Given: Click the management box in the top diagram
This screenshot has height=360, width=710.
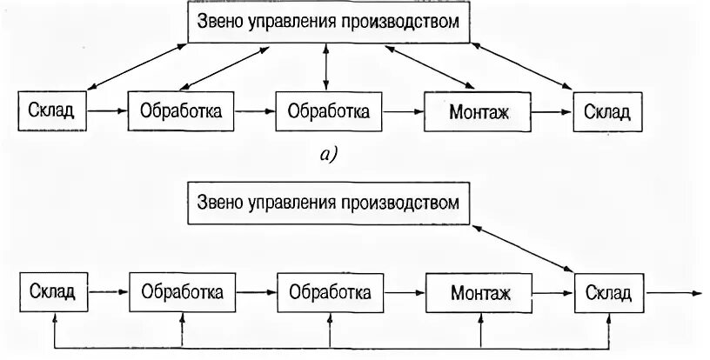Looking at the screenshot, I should tap(328, 23).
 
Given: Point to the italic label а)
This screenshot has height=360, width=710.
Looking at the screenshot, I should tap(327, 156).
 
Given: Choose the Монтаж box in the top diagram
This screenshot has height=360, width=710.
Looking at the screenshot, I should tap(478, 112).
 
